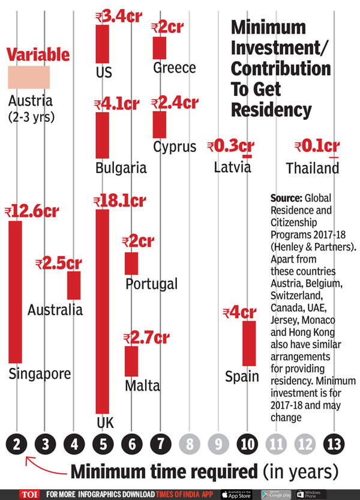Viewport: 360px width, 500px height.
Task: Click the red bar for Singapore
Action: pos(16,292)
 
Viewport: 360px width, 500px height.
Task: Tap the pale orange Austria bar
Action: pos(28,77)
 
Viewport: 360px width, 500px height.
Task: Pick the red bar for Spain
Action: pos(249,343)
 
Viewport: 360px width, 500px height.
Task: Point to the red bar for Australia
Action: pos(74,285)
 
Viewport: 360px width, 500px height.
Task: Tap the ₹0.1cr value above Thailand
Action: pos(317,146)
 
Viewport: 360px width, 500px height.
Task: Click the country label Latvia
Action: pos(232,167)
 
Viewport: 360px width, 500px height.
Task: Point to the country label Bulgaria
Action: pos(121,167)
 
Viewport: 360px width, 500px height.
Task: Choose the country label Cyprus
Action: pos(175,147)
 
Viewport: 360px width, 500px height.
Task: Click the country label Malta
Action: pos(142,385)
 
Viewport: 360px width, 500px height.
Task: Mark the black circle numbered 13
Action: pos(334,445)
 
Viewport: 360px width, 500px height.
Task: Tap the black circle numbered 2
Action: pos(16,445)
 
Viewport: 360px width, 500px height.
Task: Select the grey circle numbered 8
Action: pos(190,445)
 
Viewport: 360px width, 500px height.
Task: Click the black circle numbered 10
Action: pos(247,445)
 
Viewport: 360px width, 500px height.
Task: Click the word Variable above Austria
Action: pos(38,55)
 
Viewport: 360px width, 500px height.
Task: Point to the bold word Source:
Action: pos(289,198)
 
